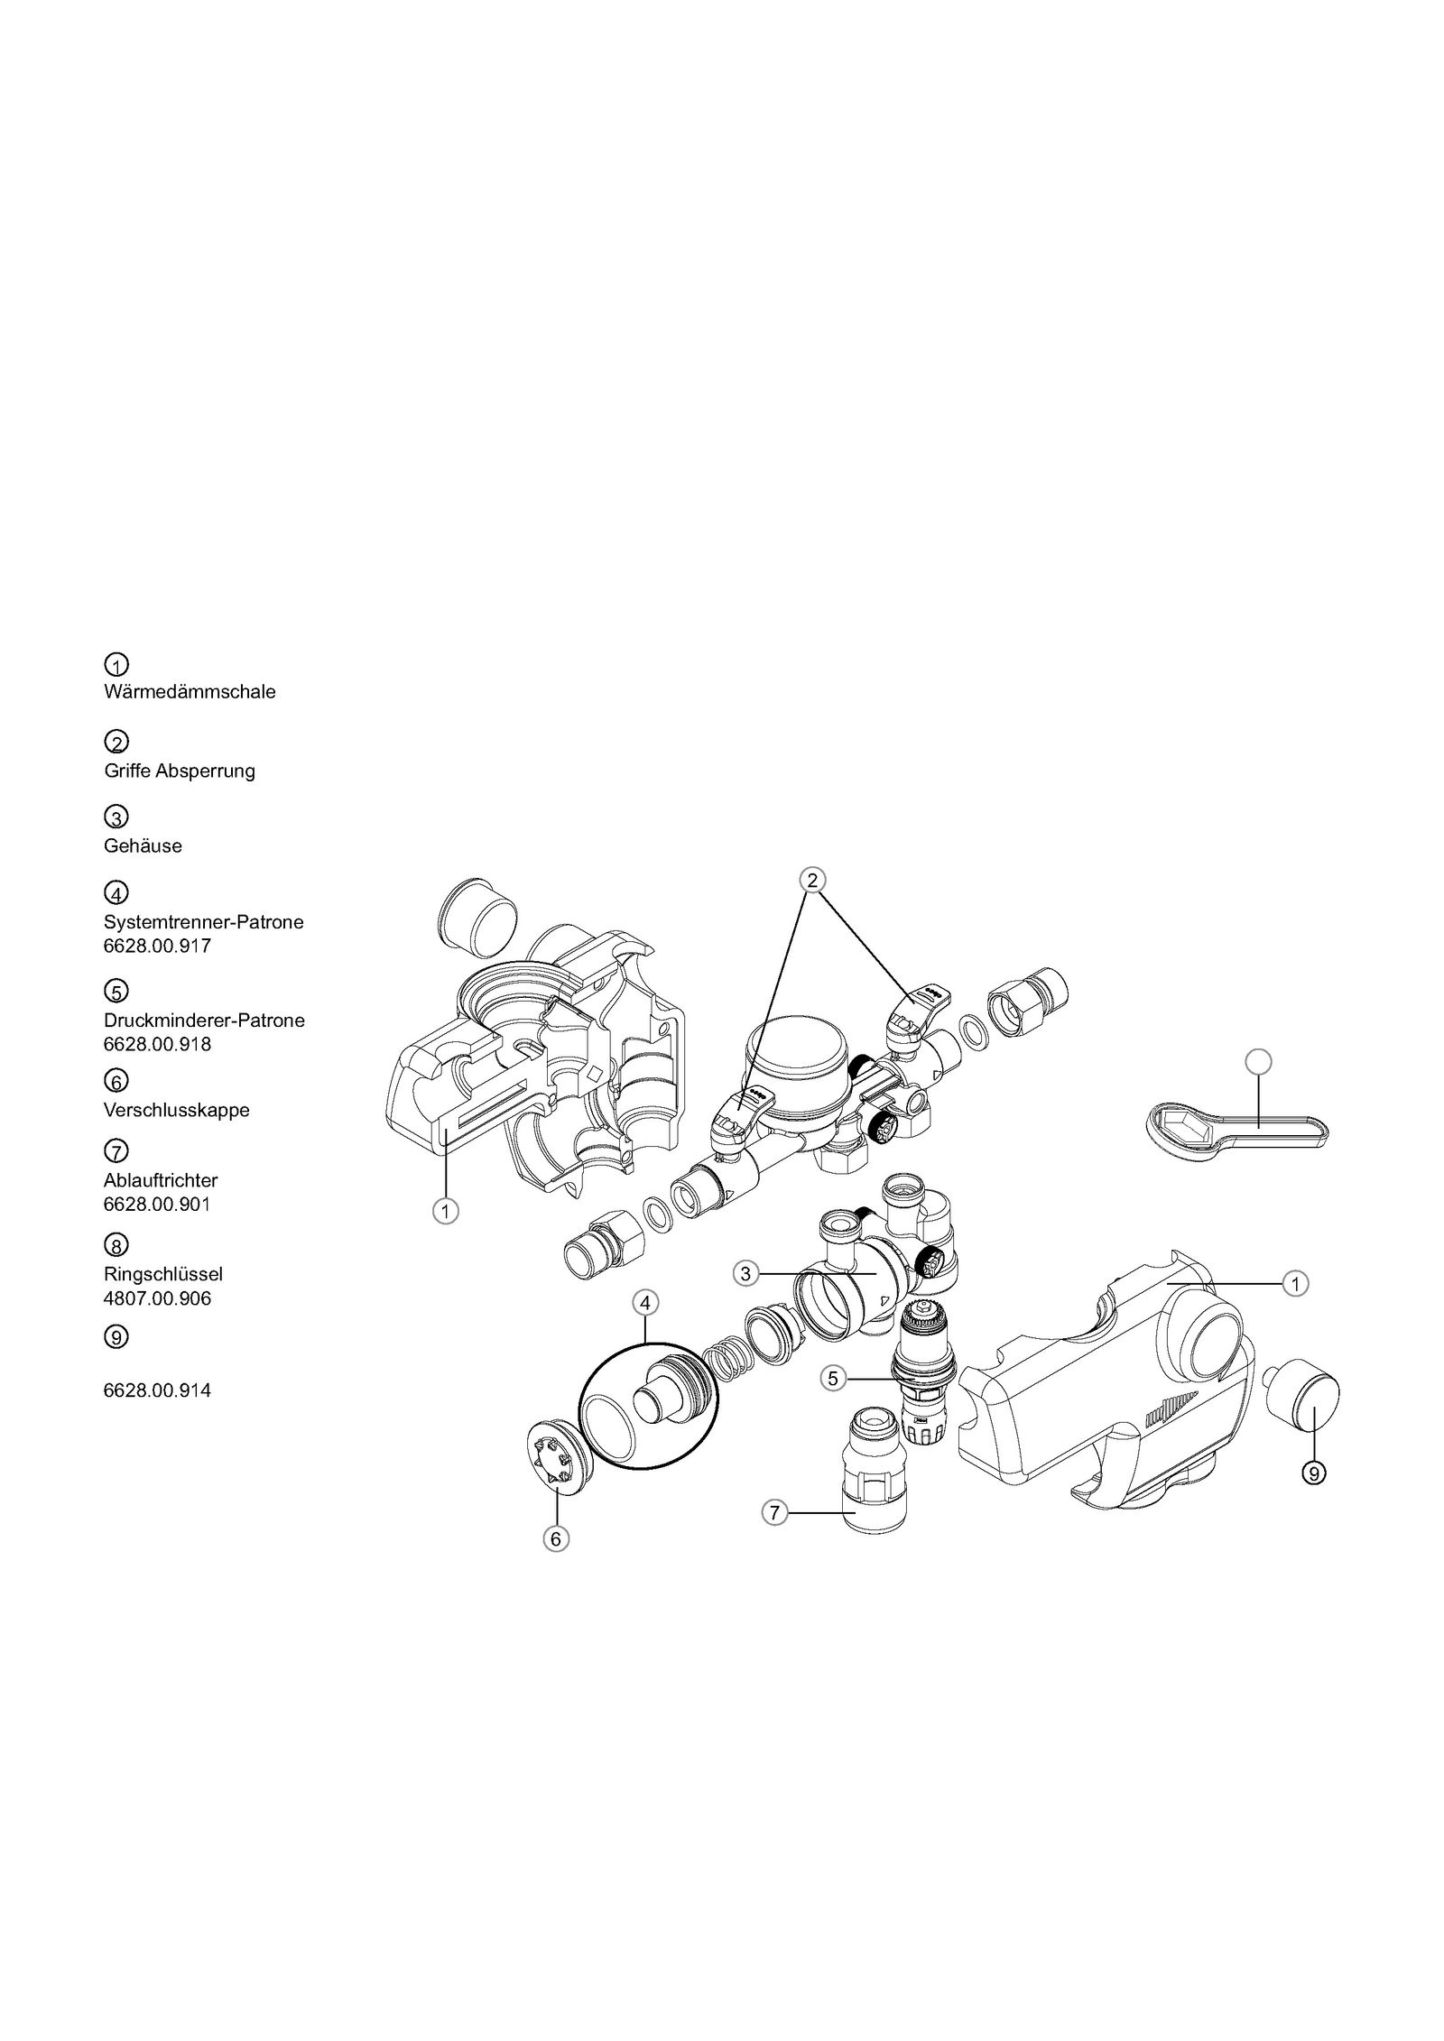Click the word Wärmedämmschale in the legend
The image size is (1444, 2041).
point(190,692)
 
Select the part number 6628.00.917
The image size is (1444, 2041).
point(157,947)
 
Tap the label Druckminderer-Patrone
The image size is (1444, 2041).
point(204,1020)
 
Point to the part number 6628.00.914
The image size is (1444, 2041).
point(157,1390)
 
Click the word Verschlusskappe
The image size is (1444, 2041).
point(176,1110)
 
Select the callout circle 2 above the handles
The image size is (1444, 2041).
point(811,880)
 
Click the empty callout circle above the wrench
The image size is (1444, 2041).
point(1257,1062)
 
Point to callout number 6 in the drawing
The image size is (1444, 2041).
point(556,1538)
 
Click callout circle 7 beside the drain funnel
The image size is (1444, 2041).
point(774,1512)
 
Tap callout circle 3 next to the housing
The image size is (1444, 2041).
point(745,1274)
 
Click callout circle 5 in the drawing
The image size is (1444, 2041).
point(833,1378)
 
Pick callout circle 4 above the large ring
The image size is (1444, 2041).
point(645,1303)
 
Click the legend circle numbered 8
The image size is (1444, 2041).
point(116,1246)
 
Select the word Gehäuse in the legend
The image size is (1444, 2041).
point(143,845)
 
